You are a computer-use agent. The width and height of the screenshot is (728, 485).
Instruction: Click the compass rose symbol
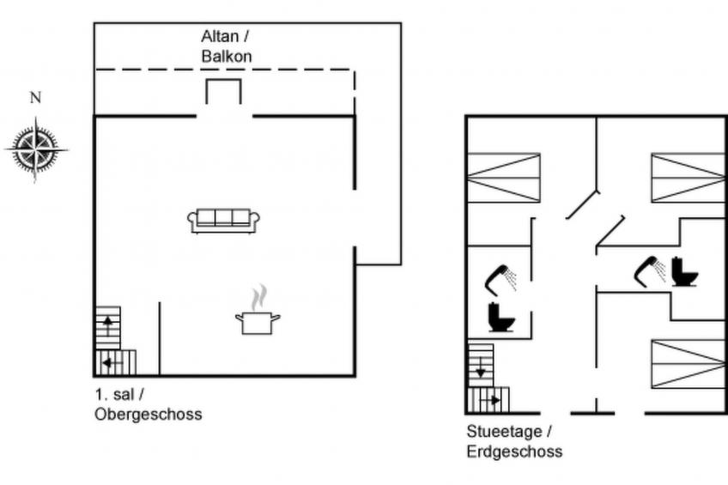[x=36, y=149]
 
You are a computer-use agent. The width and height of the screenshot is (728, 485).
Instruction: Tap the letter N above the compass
[x=36, y=98]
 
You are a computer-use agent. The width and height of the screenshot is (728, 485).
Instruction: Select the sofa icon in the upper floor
[x=223, y=220]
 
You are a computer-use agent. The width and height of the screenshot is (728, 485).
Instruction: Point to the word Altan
[x=219, y=36]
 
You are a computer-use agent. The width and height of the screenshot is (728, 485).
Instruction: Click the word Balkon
[x=226, y=56]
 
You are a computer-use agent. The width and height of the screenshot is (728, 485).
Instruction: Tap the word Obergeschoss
[x=149, y=415]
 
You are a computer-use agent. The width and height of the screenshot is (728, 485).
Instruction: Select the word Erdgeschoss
[x=514, y=452]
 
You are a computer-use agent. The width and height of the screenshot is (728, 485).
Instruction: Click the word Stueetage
[x=505, y=432]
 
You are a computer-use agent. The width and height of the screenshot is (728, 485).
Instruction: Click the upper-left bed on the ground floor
[x=503, y=178]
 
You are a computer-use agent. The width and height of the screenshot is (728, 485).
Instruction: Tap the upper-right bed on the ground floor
[x=688, y=178]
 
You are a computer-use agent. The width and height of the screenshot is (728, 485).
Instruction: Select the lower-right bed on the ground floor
[x=688, y=364]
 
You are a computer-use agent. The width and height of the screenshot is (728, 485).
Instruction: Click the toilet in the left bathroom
[x=500, y=317]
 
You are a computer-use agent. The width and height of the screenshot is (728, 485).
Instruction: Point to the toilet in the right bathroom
[x=684, y=272]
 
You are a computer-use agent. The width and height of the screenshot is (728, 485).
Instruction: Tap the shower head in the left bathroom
[x=500, y=276]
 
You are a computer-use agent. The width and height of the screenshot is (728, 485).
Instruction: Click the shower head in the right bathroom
[x=649, y=268]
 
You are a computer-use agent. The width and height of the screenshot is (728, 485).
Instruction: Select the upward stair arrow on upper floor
[x=108, y=323]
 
